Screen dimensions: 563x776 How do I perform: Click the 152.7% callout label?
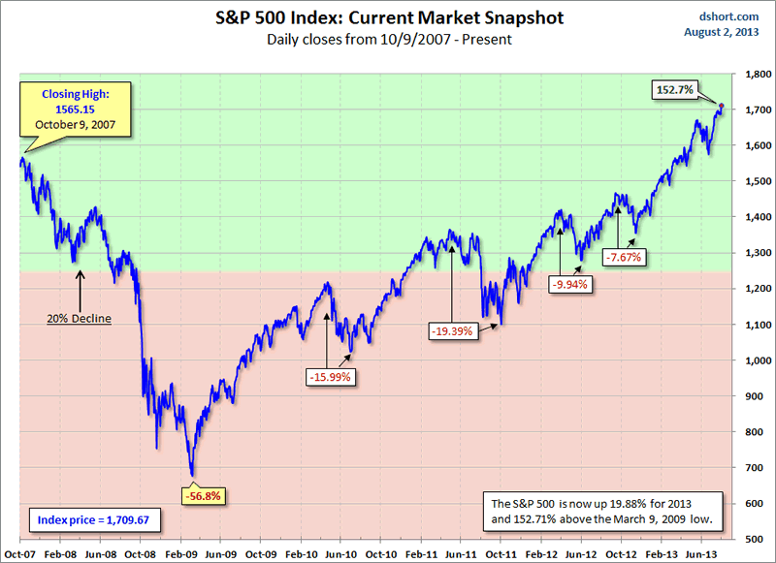673,89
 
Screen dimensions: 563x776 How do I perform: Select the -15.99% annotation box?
331,376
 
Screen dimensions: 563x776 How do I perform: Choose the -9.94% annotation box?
570,285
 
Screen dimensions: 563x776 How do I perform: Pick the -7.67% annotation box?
626,257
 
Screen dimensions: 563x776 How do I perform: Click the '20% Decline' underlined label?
80,316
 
